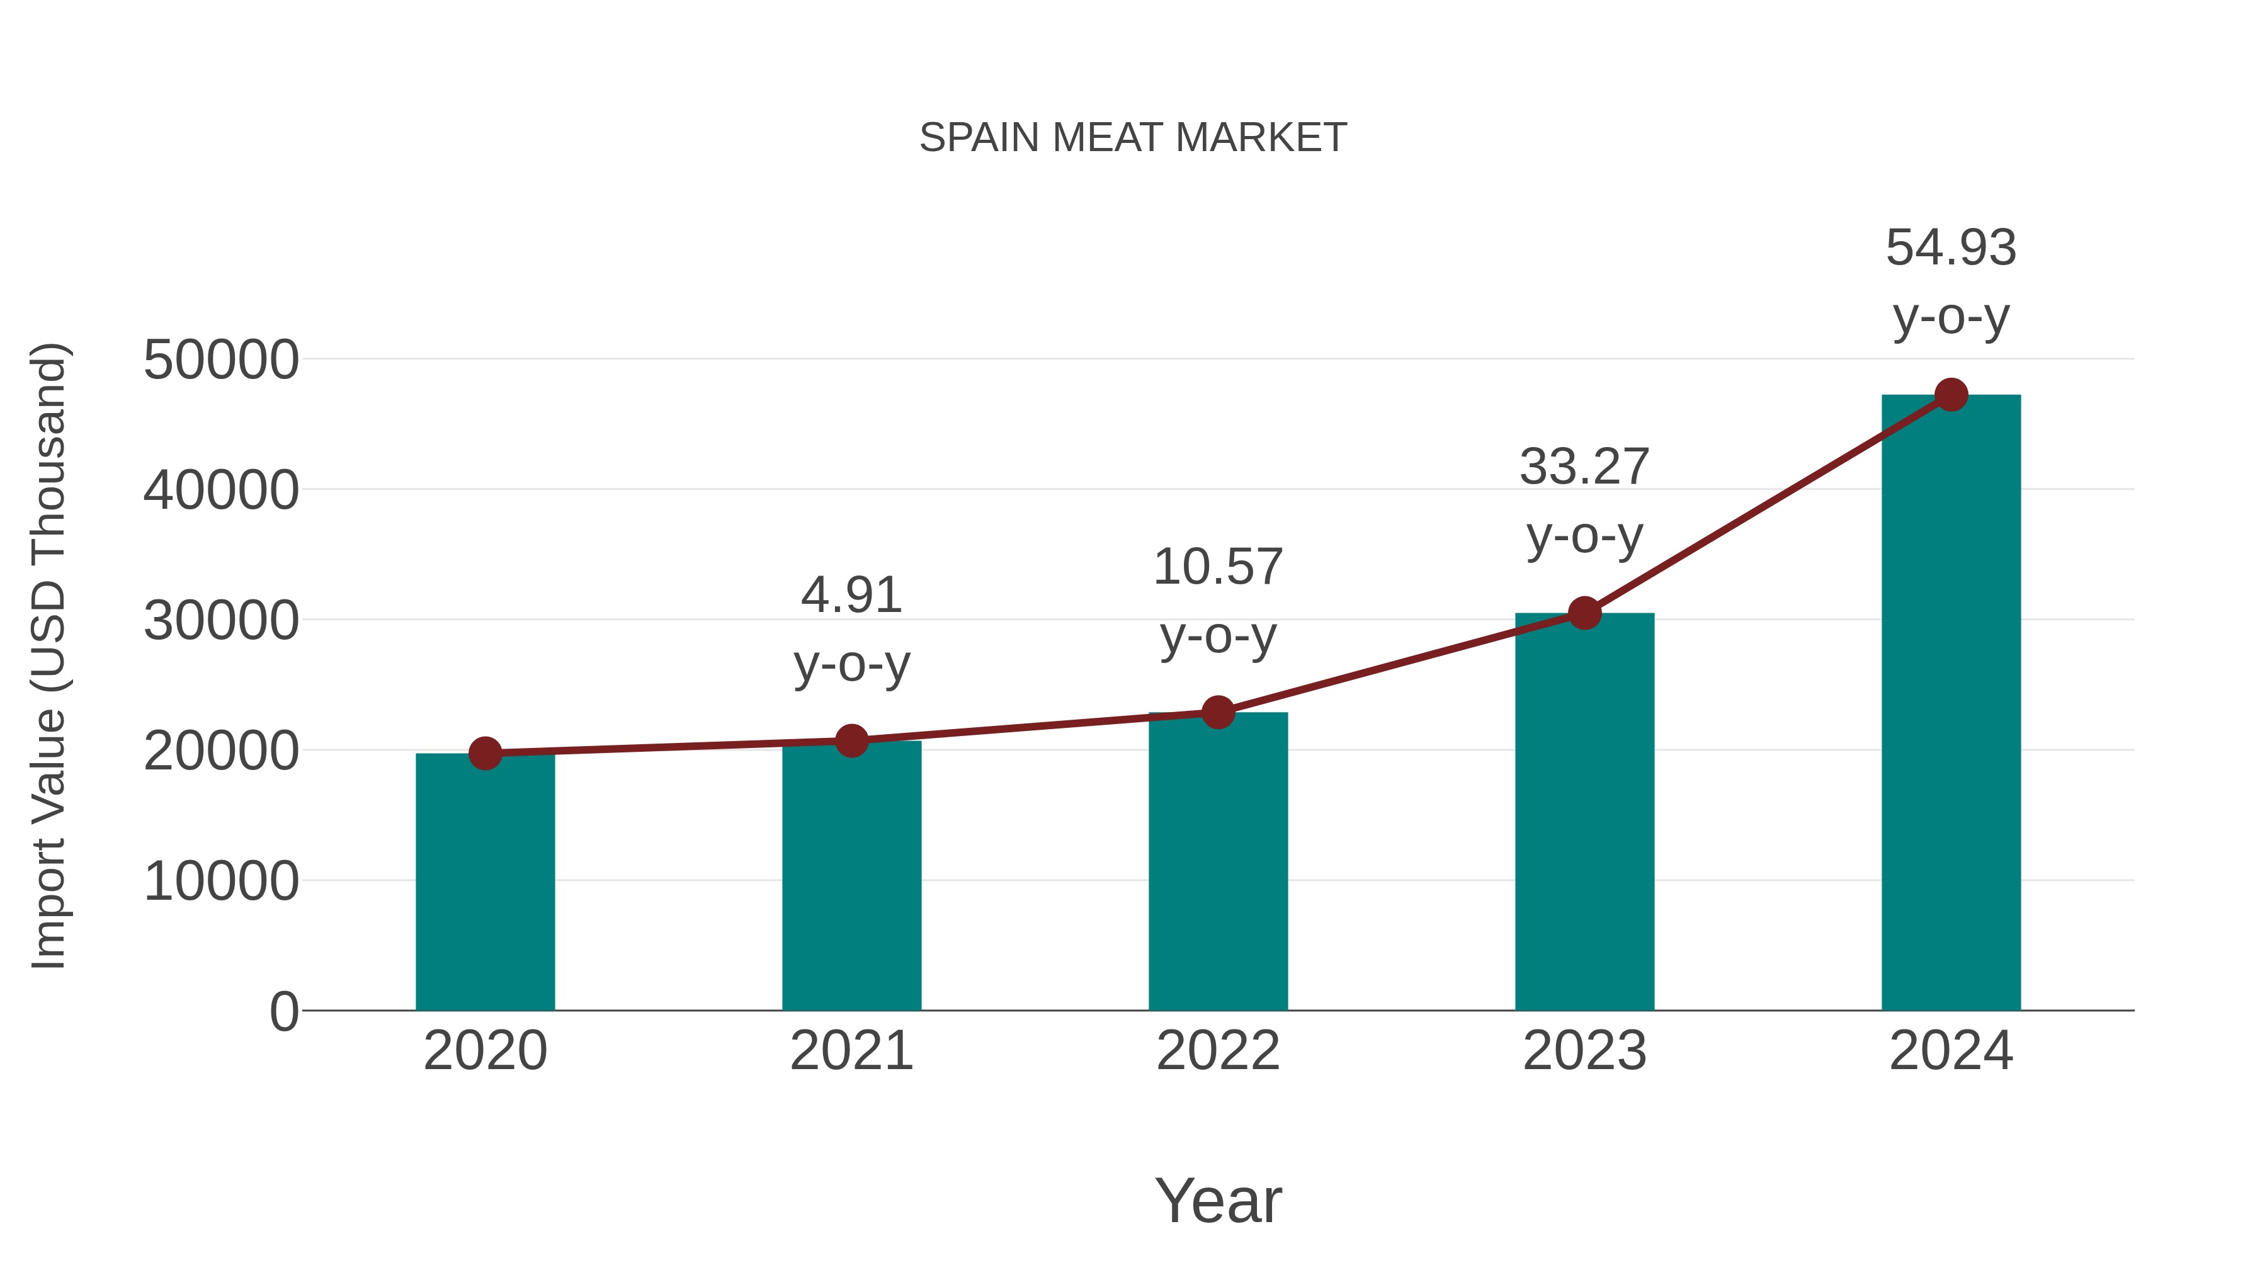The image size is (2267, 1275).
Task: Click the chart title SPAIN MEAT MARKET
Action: click(x=1133, y=137)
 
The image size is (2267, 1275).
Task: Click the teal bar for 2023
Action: click(x=1584, y=812)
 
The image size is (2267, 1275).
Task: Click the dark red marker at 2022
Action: click(x=1218, y=712)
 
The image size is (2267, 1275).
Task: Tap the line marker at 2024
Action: click(x=1951, y=395)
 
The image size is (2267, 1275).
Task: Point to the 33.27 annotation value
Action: click(x=1584, y=467)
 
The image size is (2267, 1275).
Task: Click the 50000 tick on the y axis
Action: click(x=221, y=360)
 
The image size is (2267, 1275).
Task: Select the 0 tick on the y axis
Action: click(x=283, y=1011)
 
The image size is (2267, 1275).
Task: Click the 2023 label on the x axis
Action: click(x=1584, y=1051)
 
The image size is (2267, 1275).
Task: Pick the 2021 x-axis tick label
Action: click(x=851, y=1051)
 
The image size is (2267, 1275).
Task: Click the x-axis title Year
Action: click(x=1218, y=1200)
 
